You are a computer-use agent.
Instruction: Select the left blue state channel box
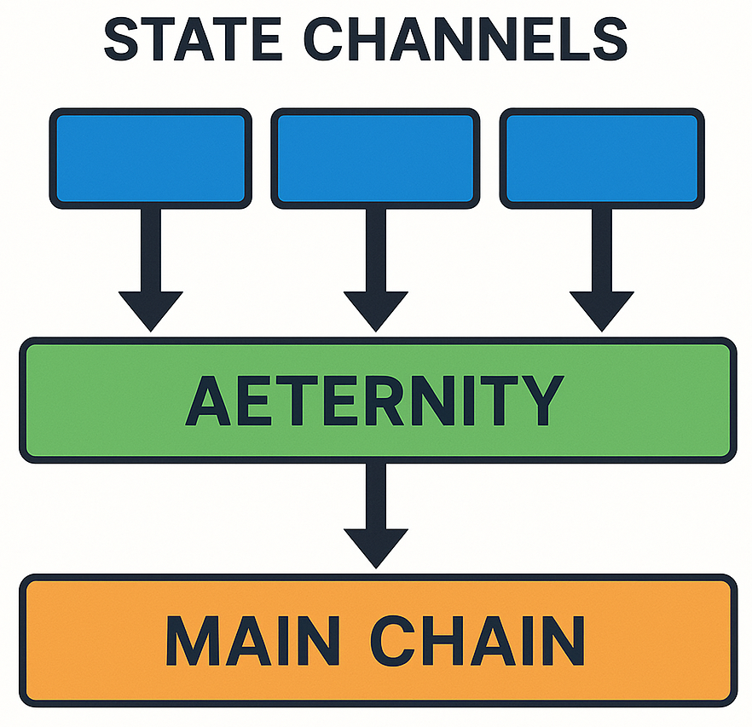pyautogui.click(x=151, y=158)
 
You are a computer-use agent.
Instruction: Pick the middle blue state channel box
pyautogui.click(x=375, y=158)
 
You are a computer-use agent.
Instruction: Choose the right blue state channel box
pyautogui.click(x=601, y=158)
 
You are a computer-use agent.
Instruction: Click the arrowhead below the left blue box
pyautogui.click(x=151, y=309)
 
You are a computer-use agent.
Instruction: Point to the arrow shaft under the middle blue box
pyautogui.click(x=375, y=247)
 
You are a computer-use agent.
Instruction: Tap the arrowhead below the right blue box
pyautogui.click(x=601, y=309)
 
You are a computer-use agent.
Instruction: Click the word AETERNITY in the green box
pyautogui.click(x=375, y=401)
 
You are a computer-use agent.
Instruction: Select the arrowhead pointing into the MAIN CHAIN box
pyautogui.click(x=375, y=545)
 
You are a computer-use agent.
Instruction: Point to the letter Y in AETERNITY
pyautogui.click(x=542, y=401)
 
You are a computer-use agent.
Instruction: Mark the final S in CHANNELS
pyautogui.click(x=608, y=38)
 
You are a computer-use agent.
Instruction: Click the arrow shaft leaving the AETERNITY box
pyautogui.click(x=375, y=494)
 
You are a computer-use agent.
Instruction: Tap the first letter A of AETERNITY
pyautogui.click(x=210, y=401)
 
